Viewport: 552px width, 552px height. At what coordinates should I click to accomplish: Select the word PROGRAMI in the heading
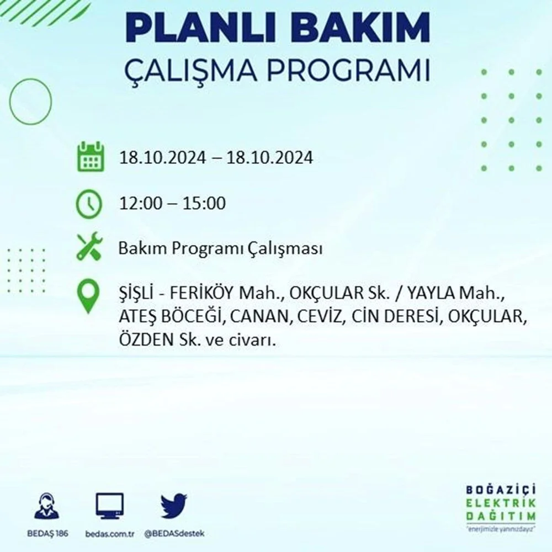(348, 71)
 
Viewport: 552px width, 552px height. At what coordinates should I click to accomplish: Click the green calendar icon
(91, 156)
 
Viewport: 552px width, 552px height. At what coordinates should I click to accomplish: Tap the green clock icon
(89, 204)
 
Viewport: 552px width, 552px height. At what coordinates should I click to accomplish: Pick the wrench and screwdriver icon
(89, 246)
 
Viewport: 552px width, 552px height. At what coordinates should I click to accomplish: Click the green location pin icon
(88, 296)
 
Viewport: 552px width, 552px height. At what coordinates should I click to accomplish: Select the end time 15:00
(204, 203)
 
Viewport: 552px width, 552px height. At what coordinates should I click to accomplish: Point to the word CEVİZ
(320, 316)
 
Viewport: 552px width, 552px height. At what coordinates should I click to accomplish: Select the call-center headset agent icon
(47, 506)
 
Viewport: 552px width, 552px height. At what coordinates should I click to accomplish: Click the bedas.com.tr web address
(110, 534)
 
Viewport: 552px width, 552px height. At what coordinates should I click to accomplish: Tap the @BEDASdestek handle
(174, 534)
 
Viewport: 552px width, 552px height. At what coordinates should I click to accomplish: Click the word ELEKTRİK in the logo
(501, 503)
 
